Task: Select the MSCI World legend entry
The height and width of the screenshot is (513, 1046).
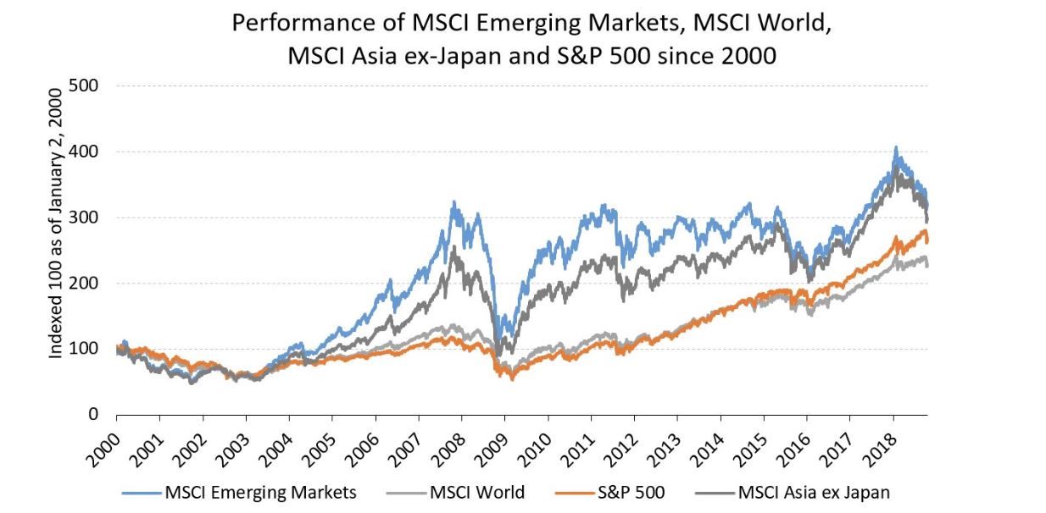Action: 476,492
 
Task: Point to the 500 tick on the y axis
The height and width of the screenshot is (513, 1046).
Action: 87,86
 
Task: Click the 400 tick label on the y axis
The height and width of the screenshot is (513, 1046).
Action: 87,152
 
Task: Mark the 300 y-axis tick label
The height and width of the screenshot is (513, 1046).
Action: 87,218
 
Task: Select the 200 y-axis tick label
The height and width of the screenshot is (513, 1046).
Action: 87,284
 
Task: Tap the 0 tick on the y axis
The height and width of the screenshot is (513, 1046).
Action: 95,415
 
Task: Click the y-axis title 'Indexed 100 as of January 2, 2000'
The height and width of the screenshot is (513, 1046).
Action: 56,250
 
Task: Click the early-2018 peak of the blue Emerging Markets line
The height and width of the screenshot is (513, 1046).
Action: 896,148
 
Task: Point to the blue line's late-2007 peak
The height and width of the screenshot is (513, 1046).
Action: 454,202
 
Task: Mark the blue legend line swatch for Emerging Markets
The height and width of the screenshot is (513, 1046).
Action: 142,492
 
